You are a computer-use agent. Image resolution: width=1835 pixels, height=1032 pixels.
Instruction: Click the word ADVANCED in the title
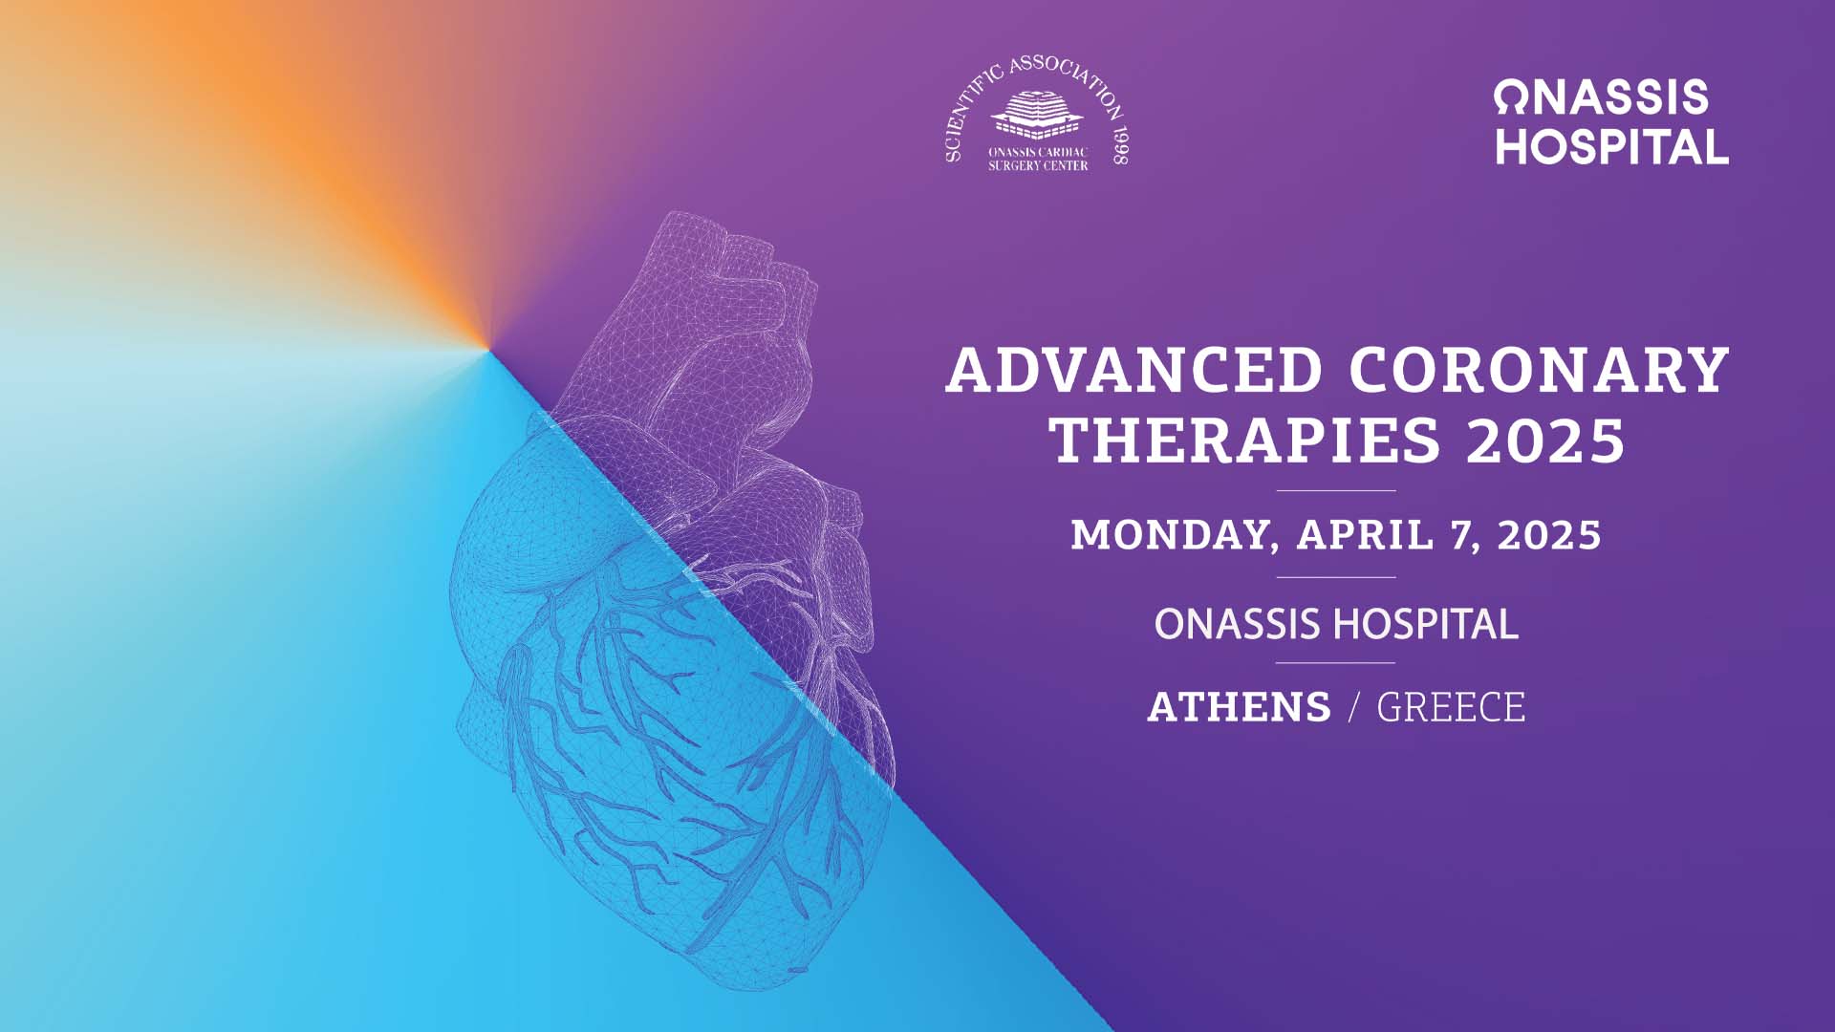[1133, 371]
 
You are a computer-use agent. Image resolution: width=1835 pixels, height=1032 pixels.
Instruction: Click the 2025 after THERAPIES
[1545, 441]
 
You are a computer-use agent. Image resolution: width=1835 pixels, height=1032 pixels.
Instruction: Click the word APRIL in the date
[1365, 535]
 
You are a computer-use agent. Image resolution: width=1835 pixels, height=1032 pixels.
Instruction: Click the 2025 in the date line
[1549, 535]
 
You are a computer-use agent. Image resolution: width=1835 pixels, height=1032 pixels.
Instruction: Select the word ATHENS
[1239, 707]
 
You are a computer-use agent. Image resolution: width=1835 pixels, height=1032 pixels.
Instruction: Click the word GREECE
[1451, 707]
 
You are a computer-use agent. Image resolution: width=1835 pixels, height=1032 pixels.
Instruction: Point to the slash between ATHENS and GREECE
[1353, 707]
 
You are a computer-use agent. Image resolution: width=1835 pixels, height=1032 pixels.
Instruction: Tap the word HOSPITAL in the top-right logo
[1612, 147]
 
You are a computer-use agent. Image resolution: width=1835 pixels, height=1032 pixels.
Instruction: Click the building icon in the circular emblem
[1037, 116]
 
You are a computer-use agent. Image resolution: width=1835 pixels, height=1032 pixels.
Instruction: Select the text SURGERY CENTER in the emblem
[1038, 165]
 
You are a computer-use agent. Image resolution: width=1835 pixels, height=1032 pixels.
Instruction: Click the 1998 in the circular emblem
[1120, 145]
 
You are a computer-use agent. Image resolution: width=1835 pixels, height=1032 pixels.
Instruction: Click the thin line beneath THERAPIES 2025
[1336, 490]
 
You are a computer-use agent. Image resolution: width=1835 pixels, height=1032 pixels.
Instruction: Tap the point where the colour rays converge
[490, 350]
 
